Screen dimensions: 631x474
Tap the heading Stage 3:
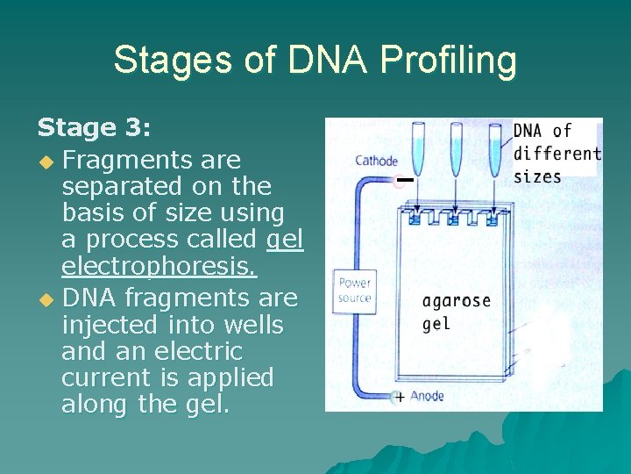coord(95,129)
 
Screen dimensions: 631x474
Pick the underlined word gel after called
coord(284,239)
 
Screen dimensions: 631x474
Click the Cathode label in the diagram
coord(376,161)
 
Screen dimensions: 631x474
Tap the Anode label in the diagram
coord(427,396)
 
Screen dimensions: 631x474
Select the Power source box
coord(355,290)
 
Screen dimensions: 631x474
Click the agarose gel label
coord(455,311)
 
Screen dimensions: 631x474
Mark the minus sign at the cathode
coord(403,181)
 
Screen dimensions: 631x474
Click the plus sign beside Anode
coord(400,397)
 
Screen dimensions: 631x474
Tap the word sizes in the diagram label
coord(537,176)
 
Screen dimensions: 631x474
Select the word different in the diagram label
coord(557,153)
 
